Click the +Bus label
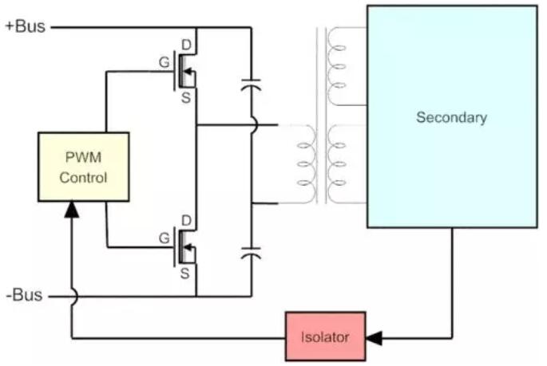25,26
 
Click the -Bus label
23,297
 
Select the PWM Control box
83,167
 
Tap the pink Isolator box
326,337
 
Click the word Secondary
451,117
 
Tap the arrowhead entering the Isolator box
373,338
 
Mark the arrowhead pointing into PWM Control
71,209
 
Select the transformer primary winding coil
305,164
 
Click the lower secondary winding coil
335,164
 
